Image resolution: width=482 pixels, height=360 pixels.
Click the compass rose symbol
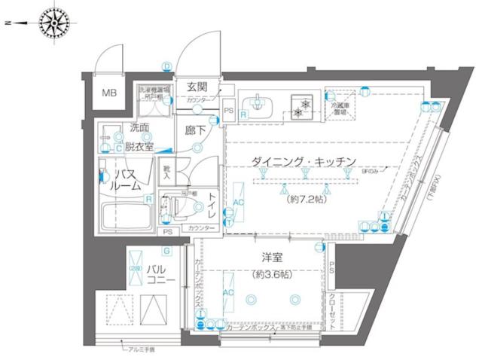coord(54,23)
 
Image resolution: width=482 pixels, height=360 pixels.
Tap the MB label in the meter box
coord(110,93)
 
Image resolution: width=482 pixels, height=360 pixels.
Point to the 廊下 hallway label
coord(196,129)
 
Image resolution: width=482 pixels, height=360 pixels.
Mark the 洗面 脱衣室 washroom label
coord(139,136)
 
